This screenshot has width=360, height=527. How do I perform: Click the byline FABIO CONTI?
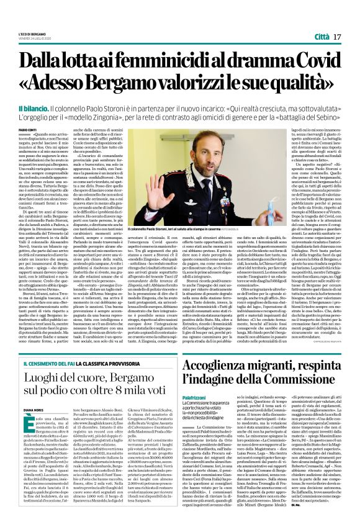29,129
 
